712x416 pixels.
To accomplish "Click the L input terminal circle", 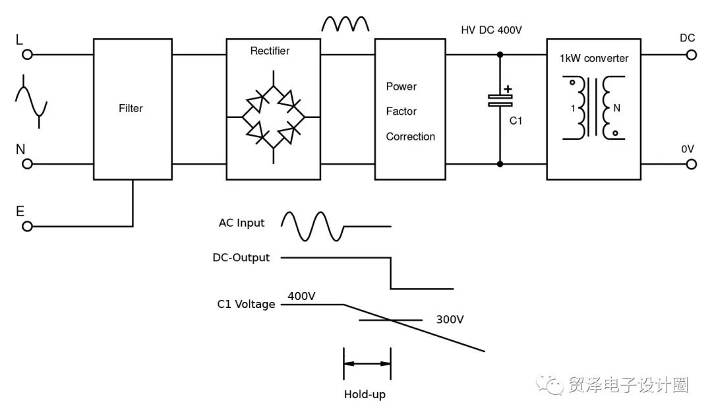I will coord(27,55).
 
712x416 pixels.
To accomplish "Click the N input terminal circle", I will coord(27,163).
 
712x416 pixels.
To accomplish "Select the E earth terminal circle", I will coord(27,226).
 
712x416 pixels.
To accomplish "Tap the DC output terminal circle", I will coord(691,55).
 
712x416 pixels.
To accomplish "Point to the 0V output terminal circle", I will coord(691,163).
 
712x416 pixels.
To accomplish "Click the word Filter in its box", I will coord(131,108).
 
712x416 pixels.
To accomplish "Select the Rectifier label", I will coord(270,51).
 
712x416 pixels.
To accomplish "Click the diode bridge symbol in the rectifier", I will coord(273,117).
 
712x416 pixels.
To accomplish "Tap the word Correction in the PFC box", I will coord(410,136).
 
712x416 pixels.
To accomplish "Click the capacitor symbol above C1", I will coord(500,100).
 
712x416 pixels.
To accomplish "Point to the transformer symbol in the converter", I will coord(593,108).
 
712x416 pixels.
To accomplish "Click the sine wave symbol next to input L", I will coord(31,101).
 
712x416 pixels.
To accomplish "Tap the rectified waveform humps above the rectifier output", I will coord(345,24).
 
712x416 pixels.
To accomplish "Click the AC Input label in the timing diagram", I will coord(241,223).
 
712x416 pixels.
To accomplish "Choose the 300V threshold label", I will coord(450,320).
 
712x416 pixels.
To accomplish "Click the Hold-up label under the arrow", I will coord(365,395).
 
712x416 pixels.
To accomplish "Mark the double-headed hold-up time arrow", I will coord(367,363).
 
